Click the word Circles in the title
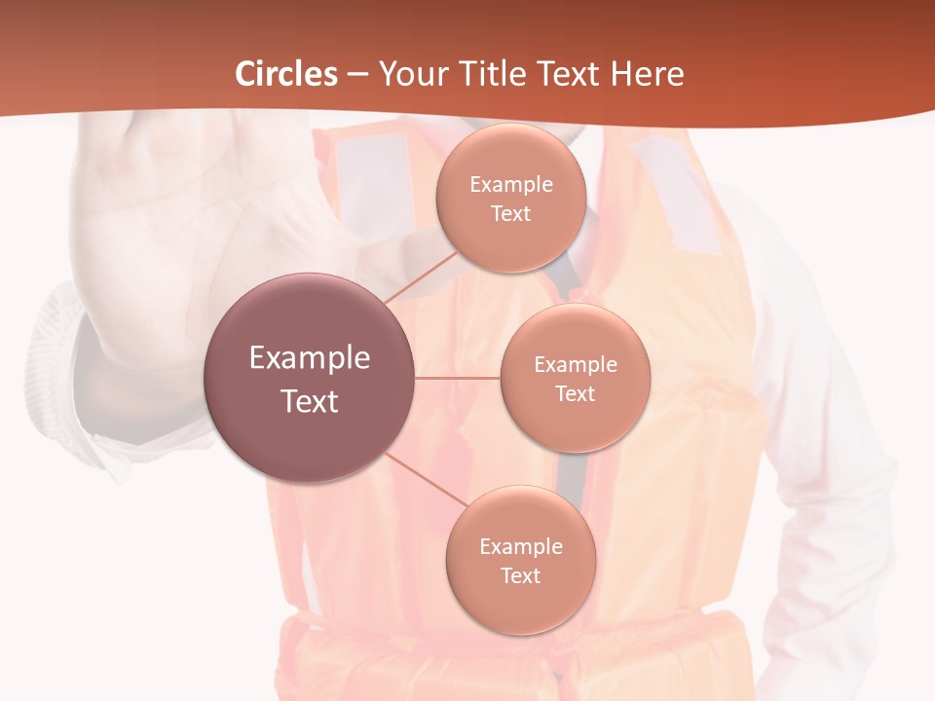point(286,74)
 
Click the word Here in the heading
point(647,74)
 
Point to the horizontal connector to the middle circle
point(458,378)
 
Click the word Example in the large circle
point(310,358)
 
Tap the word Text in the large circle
point(310,401)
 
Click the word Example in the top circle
point(510,185)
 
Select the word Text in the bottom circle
point(520,575)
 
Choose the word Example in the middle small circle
point(575,365)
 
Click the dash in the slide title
point(356,74)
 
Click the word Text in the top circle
point(510,213)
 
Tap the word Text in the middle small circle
point(575,393)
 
